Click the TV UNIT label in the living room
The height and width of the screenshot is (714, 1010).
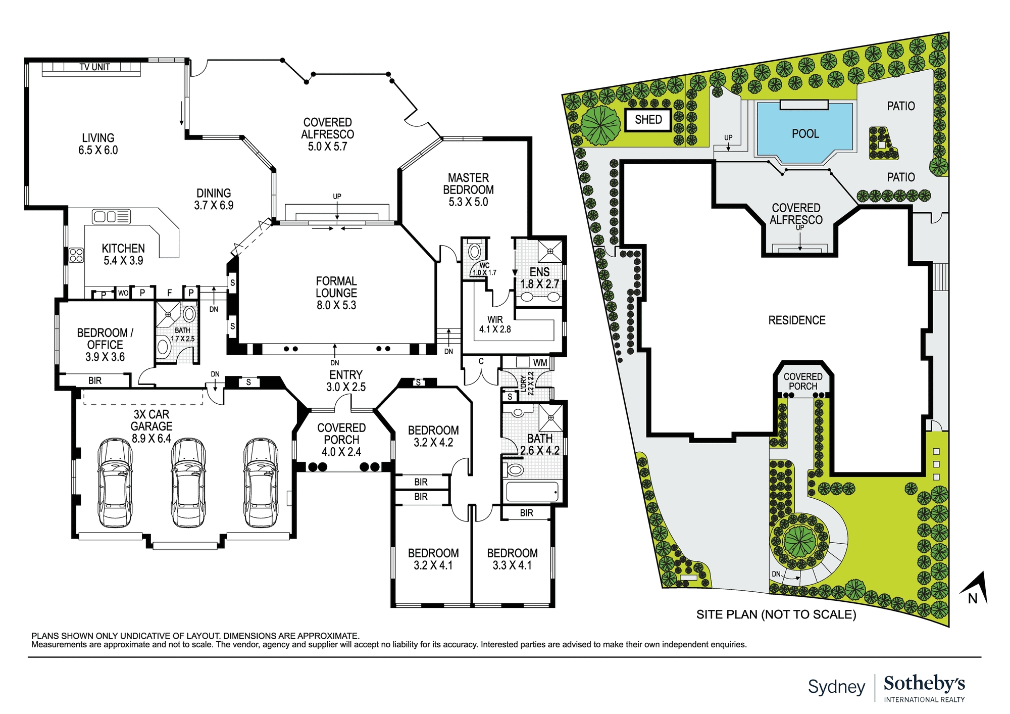tap(94, 67)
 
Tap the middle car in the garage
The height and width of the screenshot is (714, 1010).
tap(188, 483)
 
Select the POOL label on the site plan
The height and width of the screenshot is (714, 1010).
tap(805, 134)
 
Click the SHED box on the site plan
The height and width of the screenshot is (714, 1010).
tap(648, 120)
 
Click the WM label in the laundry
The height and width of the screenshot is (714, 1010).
tap(540, 363)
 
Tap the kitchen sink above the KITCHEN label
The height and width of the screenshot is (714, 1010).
tap(111, 217)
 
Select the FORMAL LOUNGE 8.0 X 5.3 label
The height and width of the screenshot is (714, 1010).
tap(336, 293)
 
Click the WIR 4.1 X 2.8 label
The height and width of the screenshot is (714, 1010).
tap(495, 324)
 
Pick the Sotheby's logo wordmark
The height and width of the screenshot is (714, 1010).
tap(924, 683)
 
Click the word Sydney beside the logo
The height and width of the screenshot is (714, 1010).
tap(836, 687)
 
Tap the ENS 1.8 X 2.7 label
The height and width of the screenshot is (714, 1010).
tap(539, 278)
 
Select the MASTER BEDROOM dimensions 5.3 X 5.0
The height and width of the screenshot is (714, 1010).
tap(468, 202)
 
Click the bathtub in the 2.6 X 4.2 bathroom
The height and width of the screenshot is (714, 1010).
tap(531, 491)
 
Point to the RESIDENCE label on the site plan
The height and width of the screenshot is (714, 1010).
tap(796, 320)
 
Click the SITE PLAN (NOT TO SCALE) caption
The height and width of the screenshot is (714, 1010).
tap(776, 614)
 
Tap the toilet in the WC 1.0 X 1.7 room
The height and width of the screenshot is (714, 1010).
tap(475, 251)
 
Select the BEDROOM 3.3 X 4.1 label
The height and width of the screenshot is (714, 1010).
tap(512, 559)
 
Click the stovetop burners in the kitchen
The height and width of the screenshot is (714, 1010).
tap(76, 255)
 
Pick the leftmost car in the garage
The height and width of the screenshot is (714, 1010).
tap(115, 483)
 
